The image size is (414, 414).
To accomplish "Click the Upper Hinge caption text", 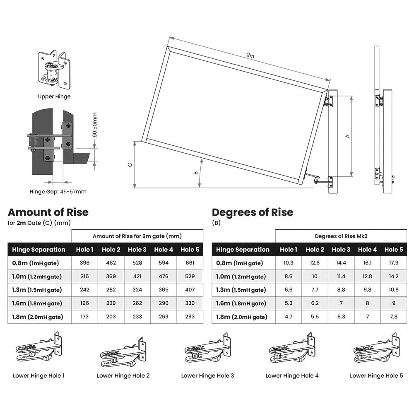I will click(x=54, y=96).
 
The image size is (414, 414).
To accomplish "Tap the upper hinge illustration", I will click(x=54, y=70).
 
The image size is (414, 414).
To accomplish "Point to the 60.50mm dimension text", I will click(x=94, y=125).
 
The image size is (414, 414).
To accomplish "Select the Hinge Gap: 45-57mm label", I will click(x=58, y=191).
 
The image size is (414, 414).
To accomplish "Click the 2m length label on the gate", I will click(x=250, y=55).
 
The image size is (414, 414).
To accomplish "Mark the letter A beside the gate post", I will click(x=348, y=136).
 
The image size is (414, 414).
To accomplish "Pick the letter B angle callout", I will click(x=195, y=173).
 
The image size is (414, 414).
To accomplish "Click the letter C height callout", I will click(x=130, y=165).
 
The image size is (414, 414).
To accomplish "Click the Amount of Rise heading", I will click(x=48, y=212).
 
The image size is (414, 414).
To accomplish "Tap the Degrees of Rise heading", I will click(x=253, y=212).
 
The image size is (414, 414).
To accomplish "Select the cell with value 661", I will click(x=190, y=263).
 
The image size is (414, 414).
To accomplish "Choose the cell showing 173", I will click(x=84, y=317).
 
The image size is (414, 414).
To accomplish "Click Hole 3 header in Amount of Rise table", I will click(x=137, y=250).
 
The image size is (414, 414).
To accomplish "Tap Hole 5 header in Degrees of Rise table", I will click(x=393, y=250).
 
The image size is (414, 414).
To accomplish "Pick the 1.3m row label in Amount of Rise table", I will click(x=36, y=290).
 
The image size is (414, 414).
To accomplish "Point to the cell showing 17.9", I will click(x=393, y=263).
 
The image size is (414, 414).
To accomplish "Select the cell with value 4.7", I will click(x=289, y=317).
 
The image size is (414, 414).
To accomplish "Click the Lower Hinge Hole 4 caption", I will click(x=292, y=375).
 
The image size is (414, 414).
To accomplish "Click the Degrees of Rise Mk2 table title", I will click(x=341, y=236).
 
